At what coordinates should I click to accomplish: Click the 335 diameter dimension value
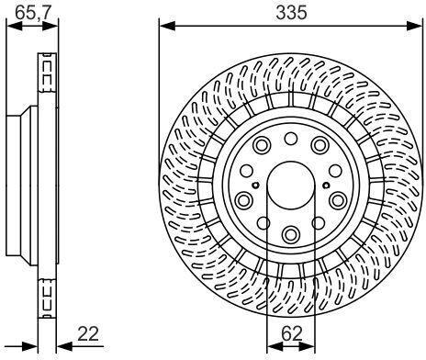[x=291, y=13]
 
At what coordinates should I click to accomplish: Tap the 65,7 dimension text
[x=32, y=13]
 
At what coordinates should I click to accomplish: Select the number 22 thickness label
[x=88, y=333]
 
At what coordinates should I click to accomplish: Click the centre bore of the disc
[x=291, y=186]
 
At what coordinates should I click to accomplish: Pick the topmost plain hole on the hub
[x=290, y=139]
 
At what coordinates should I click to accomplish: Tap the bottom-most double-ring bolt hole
[x=290, y=235]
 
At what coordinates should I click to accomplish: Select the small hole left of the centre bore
[x=255, y=185]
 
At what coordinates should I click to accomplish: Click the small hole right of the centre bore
[x=326, y=185]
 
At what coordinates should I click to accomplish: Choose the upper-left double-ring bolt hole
[x=262, y=145]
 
